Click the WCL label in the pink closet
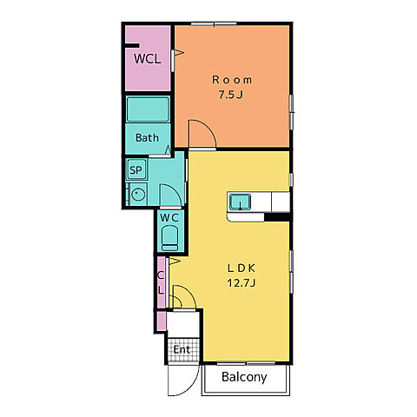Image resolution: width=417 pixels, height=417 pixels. click(x=147, y=59)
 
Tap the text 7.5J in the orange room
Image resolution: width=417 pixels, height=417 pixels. click(x=231, y=95)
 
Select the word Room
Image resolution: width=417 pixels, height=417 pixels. click(x=232, y=80)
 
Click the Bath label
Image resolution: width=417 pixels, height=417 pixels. click(x=147, y=137)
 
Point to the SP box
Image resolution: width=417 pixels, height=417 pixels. click(x=136, y=169)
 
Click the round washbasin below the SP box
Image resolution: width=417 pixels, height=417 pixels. click(x=138, y=195)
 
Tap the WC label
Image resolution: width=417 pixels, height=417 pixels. click(x=169, y=218)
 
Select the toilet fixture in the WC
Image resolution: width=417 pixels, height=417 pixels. click(x=169, y=238)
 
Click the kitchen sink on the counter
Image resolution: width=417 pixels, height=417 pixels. click(x=240, y=202)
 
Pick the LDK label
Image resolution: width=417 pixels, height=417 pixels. click(x=242, y=268)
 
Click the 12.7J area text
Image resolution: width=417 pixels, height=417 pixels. click(x=242, y=282)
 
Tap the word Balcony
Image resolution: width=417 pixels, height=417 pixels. click(x=244, y=377)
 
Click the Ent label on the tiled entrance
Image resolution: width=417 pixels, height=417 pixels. click(x=182, y=349)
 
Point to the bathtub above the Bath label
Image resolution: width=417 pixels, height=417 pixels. click(x=148, y=109)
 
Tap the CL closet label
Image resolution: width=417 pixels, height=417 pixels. click(x=161, y=282)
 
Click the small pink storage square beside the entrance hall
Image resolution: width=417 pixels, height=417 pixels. click(x=161, y=321)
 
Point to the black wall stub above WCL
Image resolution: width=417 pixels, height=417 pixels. click(x=132, y=45)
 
